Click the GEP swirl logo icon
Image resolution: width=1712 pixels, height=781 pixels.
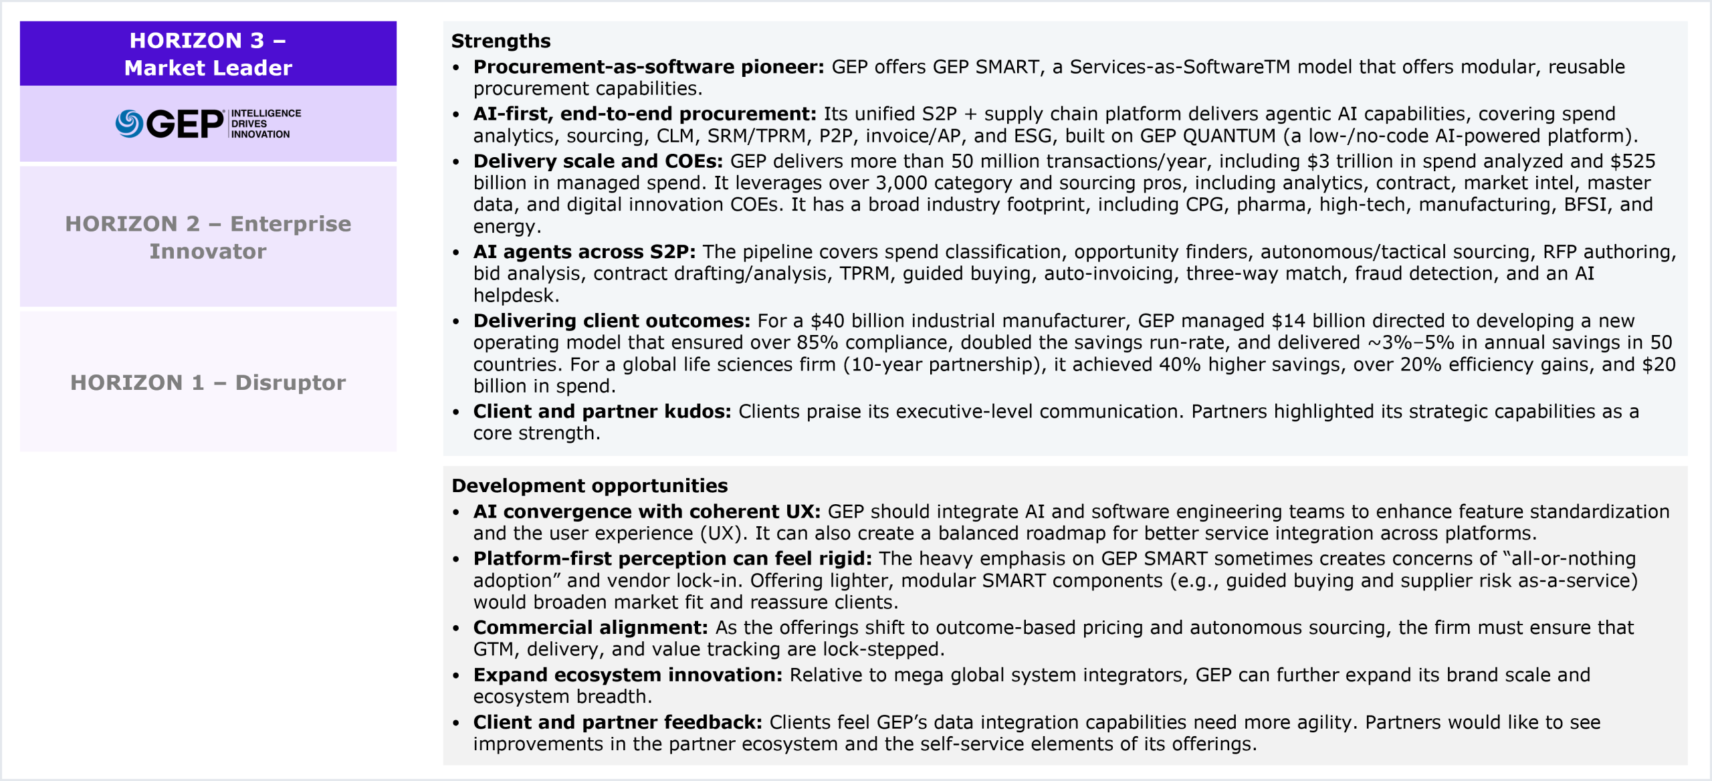[129, 124]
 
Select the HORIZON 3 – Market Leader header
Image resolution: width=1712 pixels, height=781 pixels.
[208, 54]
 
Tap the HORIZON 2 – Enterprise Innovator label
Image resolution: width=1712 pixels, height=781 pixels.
[208, 237]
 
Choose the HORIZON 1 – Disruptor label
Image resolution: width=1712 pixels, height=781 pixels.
[208, 382]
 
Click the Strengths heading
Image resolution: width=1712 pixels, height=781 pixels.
[501, 41]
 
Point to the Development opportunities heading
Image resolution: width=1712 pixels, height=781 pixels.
[589, 485]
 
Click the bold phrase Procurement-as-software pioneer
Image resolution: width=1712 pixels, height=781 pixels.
[648, 67]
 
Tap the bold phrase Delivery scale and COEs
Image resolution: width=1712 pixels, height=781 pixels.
[598, 161]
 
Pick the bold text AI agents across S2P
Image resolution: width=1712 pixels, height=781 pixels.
[584, 252]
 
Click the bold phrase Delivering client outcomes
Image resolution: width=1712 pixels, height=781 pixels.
[611, 321]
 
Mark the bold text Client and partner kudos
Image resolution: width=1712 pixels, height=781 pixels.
[602, 412]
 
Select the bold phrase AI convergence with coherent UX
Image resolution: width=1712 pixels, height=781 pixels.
[647, 512]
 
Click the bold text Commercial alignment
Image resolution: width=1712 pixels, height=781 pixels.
[590, 628]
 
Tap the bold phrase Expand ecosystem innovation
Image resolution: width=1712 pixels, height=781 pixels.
[627, 675]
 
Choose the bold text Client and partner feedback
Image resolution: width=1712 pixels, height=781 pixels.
[617, 723]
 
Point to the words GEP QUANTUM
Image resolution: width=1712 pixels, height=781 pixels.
[1208, 136]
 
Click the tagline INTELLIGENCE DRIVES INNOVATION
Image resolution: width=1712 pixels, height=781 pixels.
[265, 124]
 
